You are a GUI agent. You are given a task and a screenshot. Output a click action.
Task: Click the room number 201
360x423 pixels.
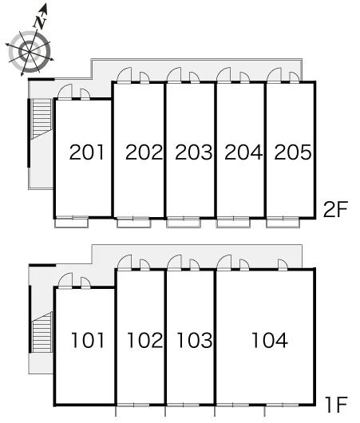87,152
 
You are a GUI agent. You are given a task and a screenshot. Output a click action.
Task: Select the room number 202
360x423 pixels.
144,152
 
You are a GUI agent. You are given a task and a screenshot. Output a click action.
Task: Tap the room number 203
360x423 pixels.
194,152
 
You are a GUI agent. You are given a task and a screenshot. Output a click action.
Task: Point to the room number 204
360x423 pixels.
243,152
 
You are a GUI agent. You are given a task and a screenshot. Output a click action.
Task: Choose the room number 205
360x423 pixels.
293,152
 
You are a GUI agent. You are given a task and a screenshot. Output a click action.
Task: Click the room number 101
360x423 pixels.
88,340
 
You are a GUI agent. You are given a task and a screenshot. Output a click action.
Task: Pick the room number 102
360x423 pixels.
145,340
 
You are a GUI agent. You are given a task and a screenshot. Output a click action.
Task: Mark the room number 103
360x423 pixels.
195,340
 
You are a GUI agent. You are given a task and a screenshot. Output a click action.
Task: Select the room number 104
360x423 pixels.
270,340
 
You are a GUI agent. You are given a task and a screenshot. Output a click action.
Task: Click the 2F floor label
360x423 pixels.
336,209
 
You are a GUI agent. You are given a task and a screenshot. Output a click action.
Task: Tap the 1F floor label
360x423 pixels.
337,405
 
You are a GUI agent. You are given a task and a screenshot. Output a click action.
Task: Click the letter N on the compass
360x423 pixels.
40,22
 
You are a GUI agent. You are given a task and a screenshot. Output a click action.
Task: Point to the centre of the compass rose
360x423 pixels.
29,51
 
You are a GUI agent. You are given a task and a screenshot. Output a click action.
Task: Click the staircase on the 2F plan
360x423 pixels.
42,119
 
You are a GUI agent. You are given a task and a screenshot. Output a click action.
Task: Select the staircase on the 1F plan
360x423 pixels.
42,332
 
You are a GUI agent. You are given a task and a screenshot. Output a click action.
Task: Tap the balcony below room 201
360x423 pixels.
72,223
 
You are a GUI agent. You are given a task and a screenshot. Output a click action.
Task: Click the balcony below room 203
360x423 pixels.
184,223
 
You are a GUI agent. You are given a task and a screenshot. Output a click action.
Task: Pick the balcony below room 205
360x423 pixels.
283,223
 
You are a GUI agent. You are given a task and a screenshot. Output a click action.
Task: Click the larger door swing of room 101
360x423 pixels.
65,281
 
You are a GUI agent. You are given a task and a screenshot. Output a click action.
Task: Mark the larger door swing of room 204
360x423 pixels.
224,74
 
